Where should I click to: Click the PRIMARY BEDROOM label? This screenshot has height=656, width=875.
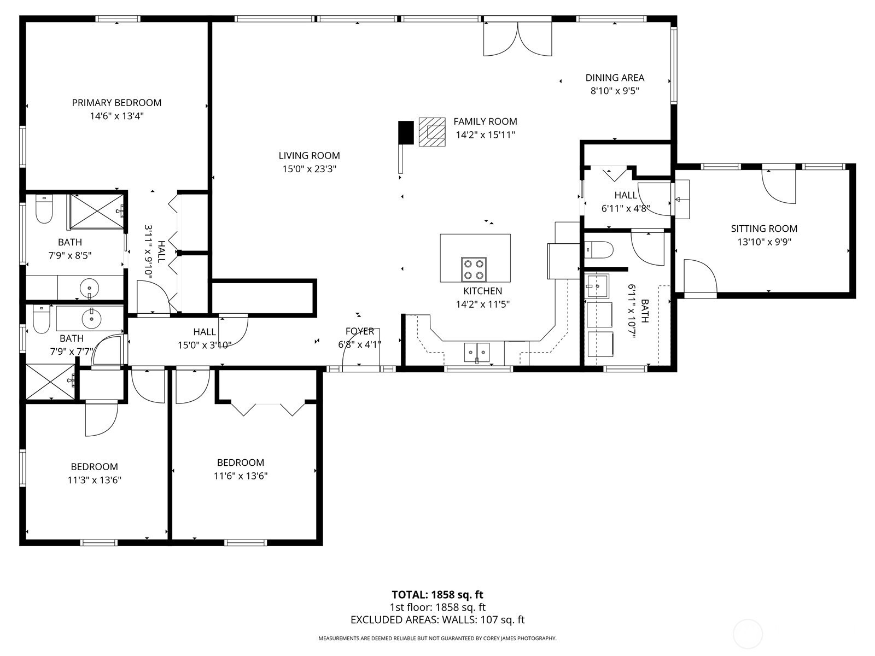(116, 103)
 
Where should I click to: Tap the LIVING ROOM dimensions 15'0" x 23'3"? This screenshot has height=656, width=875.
(310, 169)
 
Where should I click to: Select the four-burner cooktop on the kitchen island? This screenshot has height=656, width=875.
(474, 270)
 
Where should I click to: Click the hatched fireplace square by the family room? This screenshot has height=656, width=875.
(431, 132)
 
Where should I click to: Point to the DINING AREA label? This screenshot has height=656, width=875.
(615, 78)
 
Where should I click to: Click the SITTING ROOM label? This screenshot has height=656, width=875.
(764, 229)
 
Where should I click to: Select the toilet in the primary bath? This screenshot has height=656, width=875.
(44, 209)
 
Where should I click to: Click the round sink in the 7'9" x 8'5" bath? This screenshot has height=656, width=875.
(89, 287)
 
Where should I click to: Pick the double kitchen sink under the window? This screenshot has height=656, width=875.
(477, 352)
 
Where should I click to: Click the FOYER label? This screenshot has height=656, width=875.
(359, 331)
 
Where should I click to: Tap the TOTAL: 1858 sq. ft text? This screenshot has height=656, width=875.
(437, 595)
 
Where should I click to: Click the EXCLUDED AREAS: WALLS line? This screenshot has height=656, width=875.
(437, 620)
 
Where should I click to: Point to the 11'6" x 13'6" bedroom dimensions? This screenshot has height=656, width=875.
(241, 476)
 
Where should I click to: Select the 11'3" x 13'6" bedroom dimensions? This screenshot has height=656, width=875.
(95, 480)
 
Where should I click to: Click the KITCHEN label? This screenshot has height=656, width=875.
(483, 291)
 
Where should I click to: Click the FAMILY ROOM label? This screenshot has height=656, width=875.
(485, 121)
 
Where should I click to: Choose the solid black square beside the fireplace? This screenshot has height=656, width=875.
(406, 132)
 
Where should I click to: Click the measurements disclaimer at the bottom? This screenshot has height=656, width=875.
(437, 639)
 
